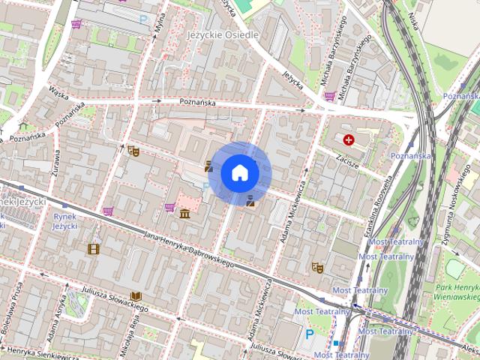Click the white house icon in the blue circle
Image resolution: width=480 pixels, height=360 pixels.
240,173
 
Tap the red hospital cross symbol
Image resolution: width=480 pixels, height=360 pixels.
349,139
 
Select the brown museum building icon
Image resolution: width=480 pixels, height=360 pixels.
184,215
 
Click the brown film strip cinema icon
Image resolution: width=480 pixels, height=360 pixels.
93,249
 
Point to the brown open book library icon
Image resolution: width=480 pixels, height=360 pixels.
136,297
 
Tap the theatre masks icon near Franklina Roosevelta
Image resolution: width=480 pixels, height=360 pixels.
317,266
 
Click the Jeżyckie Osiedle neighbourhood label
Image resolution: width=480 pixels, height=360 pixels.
221,35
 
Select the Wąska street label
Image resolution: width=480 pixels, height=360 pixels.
58,91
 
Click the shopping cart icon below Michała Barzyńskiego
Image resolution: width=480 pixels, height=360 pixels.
329,96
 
